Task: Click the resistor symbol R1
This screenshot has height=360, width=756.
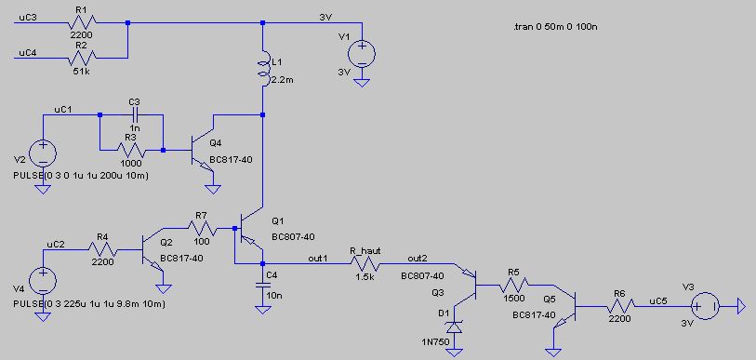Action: coord(82,22)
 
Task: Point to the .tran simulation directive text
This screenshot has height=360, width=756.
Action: coord(556,28)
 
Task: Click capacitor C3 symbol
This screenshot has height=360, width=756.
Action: coord(135,114)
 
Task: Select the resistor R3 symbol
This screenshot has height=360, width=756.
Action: coord(131,150)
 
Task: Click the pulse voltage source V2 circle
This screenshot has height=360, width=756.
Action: coord(43,153)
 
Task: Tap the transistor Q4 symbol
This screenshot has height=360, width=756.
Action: coord(202,150)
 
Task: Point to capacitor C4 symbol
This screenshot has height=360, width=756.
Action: coord(263,286)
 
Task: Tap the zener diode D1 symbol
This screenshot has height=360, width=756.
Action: coord(453,327)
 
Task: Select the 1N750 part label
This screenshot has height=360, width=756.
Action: coord(434,342)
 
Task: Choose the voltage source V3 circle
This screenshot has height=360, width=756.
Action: coord(705,306)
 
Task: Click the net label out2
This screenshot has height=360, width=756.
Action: coord(417,258)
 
